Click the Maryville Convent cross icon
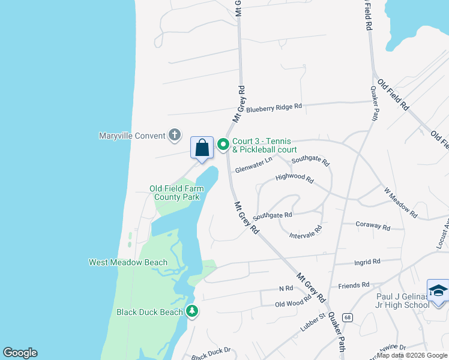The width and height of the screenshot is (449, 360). coord(174,134)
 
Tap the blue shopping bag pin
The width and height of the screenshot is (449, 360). coord(202,148)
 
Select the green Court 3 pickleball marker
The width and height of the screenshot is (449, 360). coord(223,145)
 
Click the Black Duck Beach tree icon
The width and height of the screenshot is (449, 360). coord(192,311)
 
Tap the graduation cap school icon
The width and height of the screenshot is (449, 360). coord(438,291)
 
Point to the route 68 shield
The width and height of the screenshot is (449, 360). coord(347,316)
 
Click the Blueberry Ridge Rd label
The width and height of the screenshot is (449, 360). coord(274,107)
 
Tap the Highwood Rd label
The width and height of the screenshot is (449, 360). coord(294,178)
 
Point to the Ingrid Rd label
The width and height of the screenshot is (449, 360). coord(367,262)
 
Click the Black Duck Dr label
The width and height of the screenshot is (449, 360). coord(211,354)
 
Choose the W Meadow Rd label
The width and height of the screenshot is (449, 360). coord(400,202)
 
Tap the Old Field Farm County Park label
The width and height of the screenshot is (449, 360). coord(176,193)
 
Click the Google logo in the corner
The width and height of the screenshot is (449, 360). coord(20,353)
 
